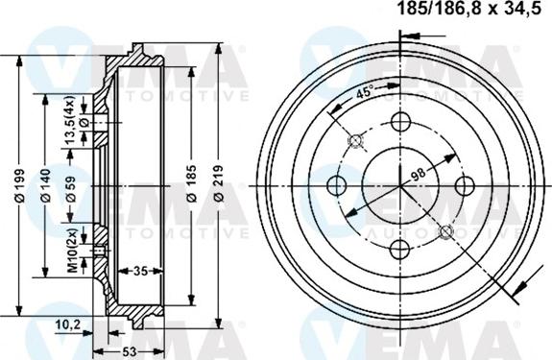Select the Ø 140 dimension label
click(x=45, y=184)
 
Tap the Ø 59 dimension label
click(x=71, y=184)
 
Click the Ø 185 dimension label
click(x=192, y=184)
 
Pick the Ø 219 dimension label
click(x=220, y=184)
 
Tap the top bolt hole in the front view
click(x=400, y=122)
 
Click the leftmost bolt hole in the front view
click(x=337, y=185)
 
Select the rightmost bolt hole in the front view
click(x=464, y=185)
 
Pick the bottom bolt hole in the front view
click(x=400, y=249)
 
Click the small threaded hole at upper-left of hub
click(x=355, y=141)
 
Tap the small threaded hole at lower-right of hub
click(x=445, y=230)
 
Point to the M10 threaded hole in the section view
click(x=100, y=252)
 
